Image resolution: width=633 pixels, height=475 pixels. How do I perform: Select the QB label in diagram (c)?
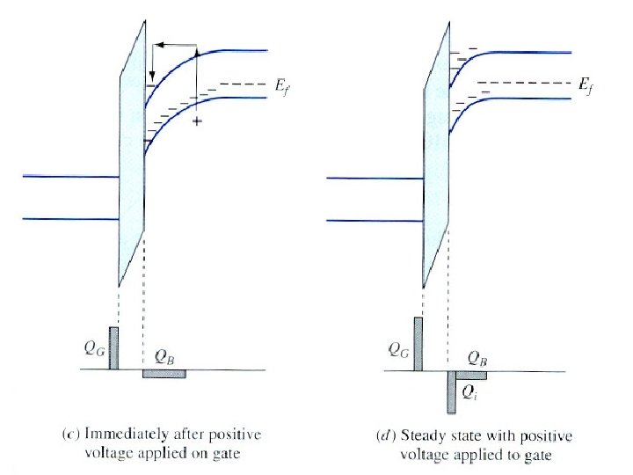164,357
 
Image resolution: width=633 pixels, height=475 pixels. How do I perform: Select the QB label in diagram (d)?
480,358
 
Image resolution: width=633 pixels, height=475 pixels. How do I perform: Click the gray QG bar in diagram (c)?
113,347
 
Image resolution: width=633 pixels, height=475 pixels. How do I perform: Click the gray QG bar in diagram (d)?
418,343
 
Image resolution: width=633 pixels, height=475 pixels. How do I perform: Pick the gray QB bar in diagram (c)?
164,374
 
